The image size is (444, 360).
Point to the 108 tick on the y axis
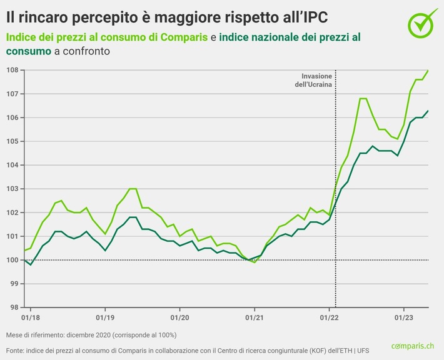click(x=12, y=69)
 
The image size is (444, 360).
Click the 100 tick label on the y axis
click(x=12, y=260)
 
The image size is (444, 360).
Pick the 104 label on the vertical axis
click(x=12, y=165)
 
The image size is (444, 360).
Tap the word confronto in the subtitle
click(x=83, y=51)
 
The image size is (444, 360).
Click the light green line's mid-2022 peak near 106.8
click(x=363, y=99)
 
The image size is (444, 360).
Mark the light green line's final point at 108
click(x=428, y=71)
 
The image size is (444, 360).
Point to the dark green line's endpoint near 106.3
click(x=428, y=111)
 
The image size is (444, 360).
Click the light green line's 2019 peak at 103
click(x=133, y=189)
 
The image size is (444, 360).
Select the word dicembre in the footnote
click(x=73, y=334)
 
